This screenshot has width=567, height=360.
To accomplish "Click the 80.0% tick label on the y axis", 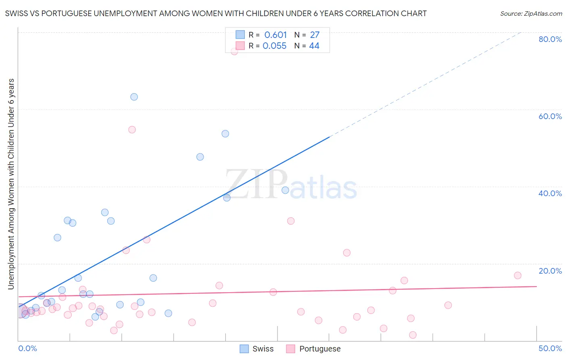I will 550,39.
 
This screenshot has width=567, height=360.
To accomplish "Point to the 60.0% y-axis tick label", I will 550,116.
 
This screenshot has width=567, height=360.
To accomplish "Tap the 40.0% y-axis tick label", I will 550,193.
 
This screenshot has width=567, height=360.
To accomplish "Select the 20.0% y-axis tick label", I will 550,270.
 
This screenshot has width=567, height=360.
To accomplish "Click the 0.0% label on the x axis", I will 27,348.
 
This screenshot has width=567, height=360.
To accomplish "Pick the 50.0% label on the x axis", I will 550,348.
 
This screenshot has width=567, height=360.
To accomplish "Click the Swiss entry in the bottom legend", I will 263,349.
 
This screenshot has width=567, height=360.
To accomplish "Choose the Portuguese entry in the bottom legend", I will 319,349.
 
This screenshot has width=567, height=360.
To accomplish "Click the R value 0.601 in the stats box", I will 275,35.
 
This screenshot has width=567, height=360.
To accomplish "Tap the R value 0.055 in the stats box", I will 274,46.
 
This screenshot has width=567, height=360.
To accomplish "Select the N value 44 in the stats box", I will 314,46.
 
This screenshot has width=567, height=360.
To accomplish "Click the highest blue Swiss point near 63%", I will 134,97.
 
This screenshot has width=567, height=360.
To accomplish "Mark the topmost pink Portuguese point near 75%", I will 234,51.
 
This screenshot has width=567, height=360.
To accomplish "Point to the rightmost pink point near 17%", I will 518,275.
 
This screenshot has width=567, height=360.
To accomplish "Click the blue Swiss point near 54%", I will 225,134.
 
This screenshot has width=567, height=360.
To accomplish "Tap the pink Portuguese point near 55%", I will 132,130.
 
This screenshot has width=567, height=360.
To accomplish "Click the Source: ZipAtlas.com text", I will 531,14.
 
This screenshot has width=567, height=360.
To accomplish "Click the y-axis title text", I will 11,184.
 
